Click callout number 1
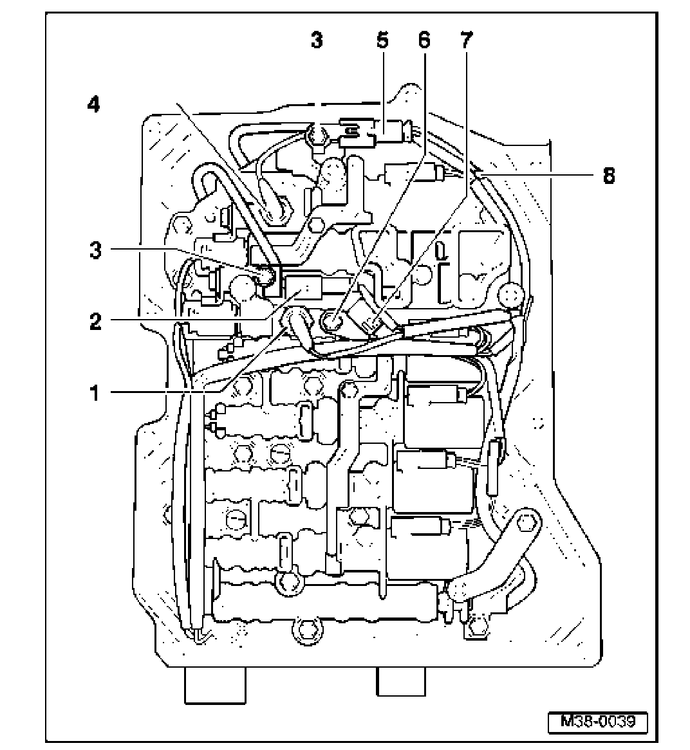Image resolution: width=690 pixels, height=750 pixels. point(94,392)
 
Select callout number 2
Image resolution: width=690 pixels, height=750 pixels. point(95,321)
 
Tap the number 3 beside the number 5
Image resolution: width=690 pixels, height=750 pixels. point(316,41)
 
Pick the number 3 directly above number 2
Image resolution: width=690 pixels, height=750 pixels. point(95,250)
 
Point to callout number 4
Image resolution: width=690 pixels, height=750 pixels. point(94,105)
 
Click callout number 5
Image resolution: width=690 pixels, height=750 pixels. point(382,41)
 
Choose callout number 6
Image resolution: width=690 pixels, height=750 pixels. point(423,41)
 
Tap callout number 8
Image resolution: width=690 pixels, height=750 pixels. point(608,175)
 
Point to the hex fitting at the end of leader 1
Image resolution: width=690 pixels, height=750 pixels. point(297,318)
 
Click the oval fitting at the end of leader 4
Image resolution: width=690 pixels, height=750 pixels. point(277,210)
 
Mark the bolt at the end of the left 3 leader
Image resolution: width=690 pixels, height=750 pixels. point(265,277)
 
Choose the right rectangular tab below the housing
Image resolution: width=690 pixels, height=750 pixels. point(401,681)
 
